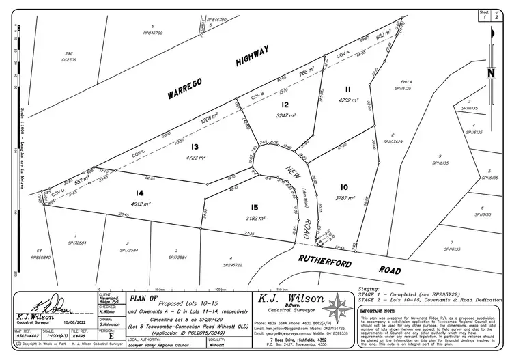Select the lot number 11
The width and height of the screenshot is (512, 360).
tap(347, 90)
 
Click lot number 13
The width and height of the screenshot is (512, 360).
tap(195, 146)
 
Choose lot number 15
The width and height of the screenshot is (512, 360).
tap(255, 207)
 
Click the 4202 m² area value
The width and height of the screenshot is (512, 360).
tap(348, 100)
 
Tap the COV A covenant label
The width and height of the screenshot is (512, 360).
tap(343, 53)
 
